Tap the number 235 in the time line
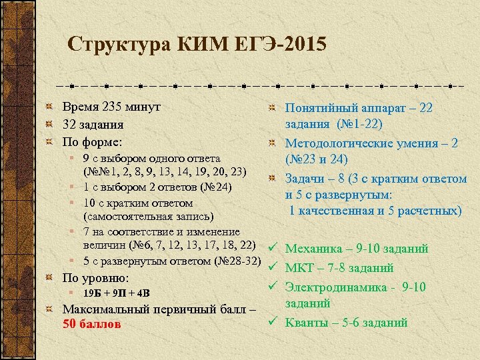[114, 107]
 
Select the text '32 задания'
[93, 125]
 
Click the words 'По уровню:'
[95, 277]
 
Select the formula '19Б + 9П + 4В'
[117, 293]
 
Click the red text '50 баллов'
[91, 325]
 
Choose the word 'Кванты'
[307, 322]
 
